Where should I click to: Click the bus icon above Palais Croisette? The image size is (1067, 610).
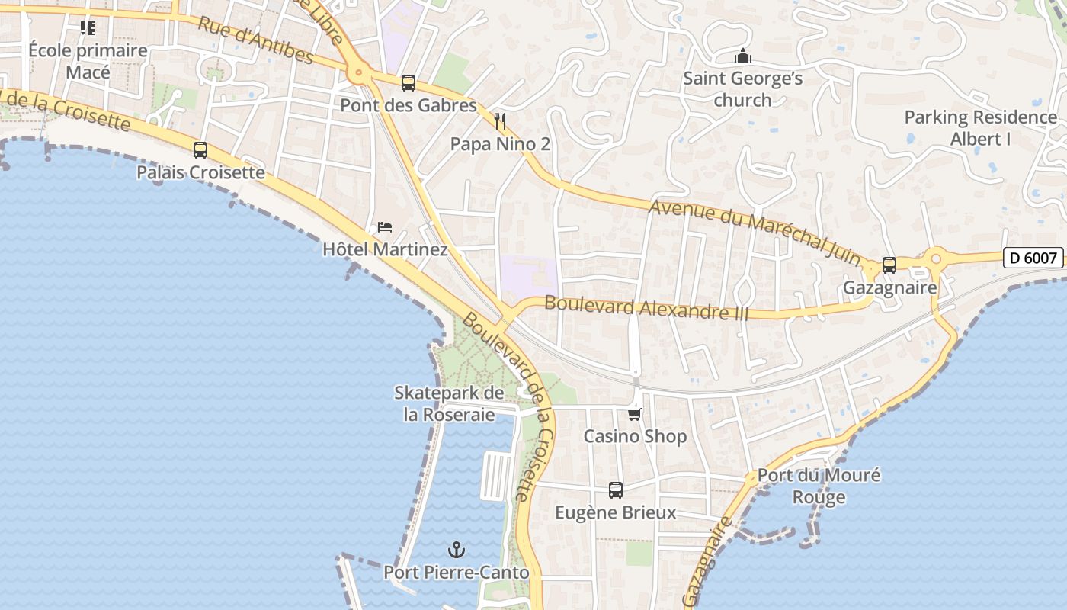click(x=200, y=150)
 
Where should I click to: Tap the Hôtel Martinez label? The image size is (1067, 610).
click(x=385, y=249)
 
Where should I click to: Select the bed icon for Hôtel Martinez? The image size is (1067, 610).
click(x=385, y=227)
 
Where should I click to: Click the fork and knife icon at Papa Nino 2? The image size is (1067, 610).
click(x=500, y=120)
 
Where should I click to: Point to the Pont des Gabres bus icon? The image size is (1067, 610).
click(x=409, y=83)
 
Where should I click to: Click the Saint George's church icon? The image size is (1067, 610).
click(x=742, y=56)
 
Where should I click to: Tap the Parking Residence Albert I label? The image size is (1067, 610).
click(x=980, y=128)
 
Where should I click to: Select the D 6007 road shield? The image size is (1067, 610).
click(x=1033, y=258)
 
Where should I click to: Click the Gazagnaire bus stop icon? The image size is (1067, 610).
click(x=889, y=265)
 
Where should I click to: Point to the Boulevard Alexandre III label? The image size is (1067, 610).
click(x=646, y=308)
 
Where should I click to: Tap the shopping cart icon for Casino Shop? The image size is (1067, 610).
click(x=634, y=414)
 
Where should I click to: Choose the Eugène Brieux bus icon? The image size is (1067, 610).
click(x=616, y=490)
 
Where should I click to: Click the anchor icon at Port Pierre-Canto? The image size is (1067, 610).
click(x=456, y=550)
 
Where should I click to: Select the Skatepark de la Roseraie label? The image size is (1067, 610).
click(x=449, y=403)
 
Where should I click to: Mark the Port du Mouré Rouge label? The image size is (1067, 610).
click(x=819, y=486)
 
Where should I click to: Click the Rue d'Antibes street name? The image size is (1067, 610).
click(x=255, y=40)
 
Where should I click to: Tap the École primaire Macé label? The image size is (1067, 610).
click(x=88, y=61)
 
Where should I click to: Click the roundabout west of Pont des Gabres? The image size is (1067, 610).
click(x=358, y=74)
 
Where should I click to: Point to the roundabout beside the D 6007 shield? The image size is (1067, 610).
click(x=937, y=258)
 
